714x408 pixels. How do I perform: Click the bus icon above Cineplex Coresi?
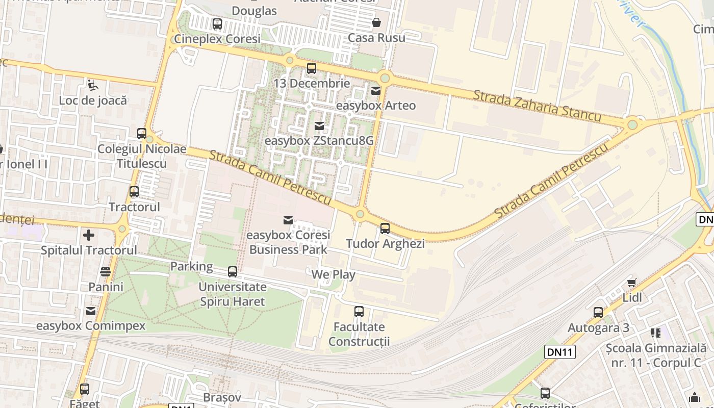(217, 23)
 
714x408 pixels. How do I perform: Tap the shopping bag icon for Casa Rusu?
(376, 22)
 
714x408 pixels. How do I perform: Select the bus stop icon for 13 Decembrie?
(312, 68)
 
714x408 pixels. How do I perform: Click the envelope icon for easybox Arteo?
(376, 91)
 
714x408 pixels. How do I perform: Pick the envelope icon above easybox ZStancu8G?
(319, 125)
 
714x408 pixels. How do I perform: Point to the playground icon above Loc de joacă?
(92, 85)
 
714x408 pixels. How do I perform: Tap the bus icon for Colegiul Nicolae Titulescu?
(142, 134)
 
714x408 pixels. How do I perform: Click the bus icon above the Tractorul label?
(134, 192)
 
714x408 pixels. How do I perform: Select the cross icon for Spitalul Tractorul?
(89, 235)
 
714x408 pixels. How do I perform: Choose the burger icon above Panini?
(106, 272)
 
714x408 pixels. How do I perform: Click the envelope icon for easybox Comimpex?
(91, 311)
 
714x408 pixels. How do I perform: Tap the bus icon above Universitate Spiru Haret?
(233, 272)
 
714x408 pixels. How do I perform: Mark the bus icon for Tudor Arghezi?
(385, 228)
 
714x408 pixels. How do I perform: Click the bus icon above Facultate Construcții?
(359, 312)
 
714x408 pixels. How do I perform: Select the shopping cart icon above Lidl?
(632, 283)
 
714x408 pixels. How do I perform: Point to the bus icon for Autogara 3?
(598, 313)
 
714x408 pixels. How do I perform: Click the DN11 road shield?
(560, 351)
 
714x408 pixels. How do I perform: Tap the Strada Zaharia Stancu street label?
(537, 106)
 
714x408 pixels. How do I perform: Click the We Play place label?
(334, 274)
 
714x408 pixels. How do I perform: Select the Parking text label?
(192, 266)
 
